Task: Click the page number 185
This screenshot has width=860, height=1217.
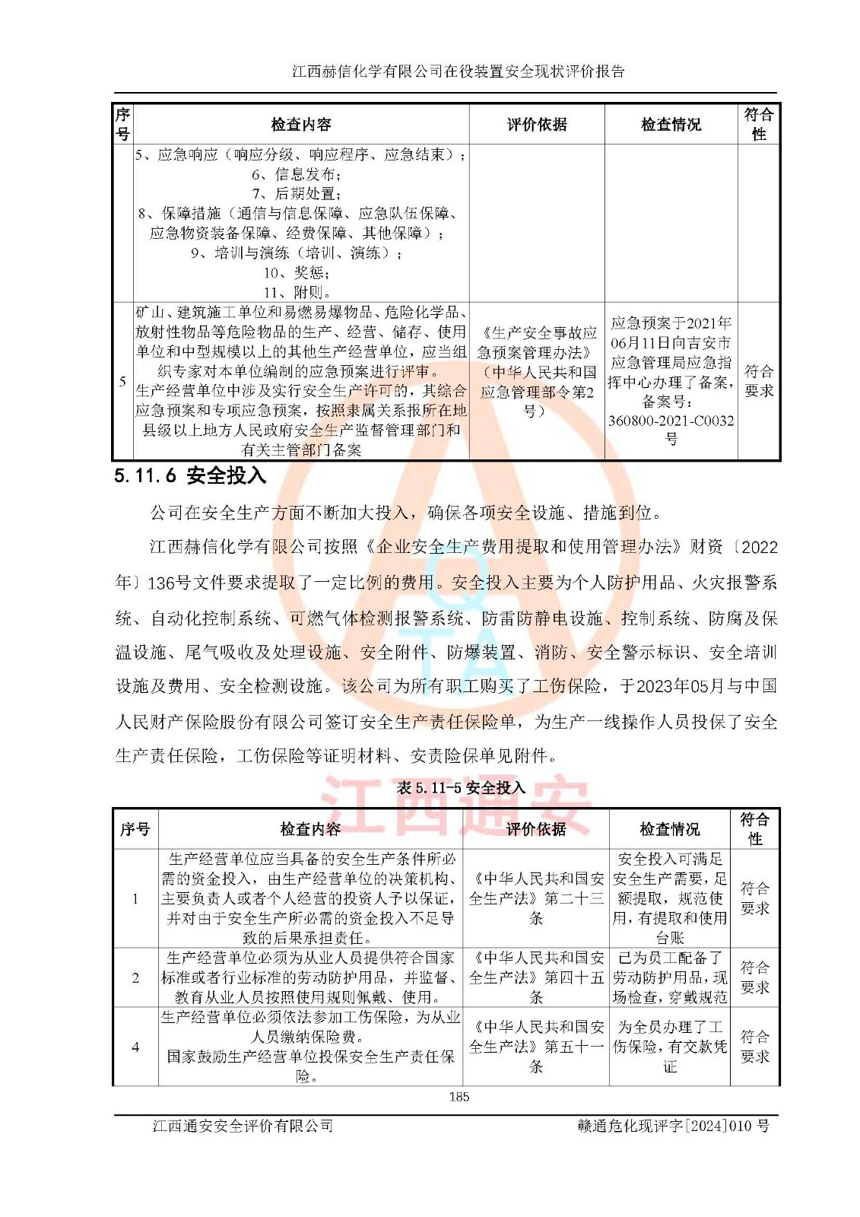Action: click(459, 1096)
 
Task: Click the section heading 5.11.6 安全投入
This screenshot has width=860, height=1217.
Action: click(190, 476)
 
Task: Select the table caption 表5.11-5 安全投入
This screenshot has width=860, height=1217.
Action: click(461, 787)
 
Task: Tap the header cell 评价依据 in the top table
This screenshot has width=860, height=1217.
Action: click(537, 125)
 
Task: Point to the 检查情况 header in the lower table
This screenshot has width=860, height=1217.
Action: click(669, 829)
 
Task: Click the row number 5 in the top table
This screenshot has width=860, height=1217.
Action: click(122, 381)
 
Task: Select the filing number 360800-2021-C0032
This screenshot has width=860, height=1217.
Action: click(671, 421)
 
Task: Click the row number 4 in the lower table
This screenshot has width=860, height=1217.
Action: click(135, 1047)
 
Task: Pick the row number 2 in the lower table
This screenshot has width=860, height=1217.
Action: click(135, 977)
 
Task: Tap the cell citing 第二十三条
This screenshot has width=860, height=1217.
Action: click(536, 898)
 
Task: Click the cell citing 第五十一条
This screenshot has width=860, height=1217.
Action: click(536, 1047)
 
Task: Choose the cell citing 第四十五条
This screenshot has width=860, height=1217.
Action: click(536, 977)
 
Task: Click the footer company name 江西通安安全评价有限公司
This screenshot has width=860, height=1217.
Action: click(243, 1126)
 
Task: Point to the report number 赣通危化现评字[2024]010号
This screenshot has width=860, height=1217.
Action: click(673, 1126)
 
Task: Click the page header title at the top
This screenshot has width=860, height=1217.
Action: click(459, 71)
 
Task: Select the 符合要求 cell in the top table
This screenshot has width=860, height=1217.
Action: click(758, 381)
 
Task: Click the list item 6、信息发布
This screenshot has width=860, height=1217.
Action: click(297, 174)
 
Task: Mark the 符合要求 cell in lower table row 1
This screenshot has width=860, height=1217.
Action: click(754, 898)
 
